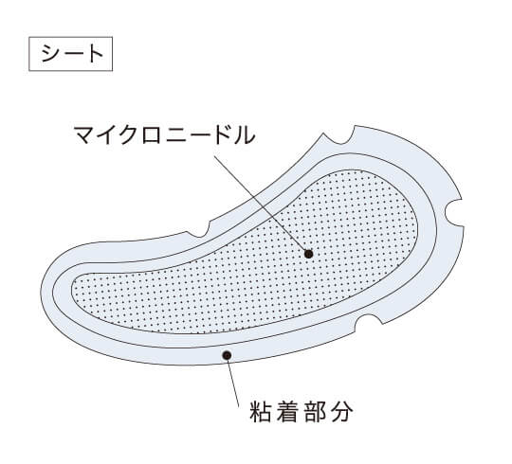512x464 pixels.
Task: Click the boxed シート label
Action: coord(70,54)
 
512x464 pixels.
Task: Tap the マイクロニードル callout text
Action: coord(164,134)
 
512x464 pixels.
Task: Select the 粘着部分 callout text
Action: coord(302,412)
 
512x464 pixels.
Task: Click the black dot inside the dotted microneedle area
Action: coord(308,254)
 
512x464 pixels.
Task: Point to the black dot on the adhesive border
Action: coord(227,355)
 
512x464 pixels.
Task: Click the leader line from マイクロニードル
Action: coord(261,205)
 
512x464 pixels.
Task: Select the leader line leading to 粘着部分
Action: coord(233,381)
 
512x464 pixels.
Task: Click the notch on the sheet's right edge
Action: coord(454,212)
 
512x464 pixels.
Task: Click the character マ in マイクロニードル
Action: coord(84,135)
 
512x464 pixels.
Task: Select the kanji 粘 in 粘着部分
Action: coord(260,412)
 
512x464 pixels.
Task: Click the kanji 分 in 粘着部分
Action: coord(343,412)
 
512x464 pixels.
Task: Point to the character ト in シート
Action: coord(94,54)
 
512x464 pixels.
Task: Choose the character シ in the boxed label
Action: coord(50,54)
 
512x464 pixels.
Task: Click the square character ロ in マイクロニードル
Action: coord(153,135)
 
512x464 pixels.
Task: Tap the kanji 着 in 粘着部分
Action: coord(287,412)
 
